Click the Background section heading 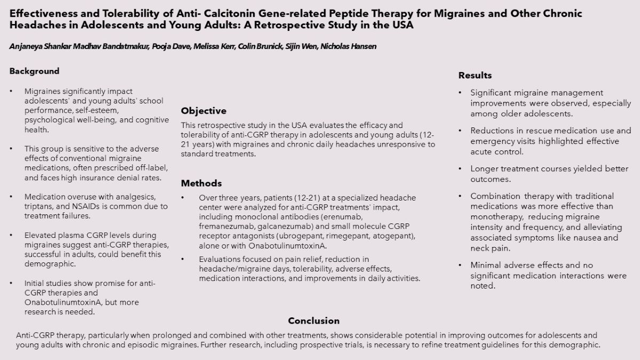(x=34, y=71)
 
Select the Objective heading (x=203, y=111)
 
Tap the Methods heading (x=201, y=183)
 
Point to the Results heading (x=475, y=75)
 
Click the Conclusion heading (x=314, y=321)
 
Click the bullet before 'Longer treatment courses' (x=460, y=169)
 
